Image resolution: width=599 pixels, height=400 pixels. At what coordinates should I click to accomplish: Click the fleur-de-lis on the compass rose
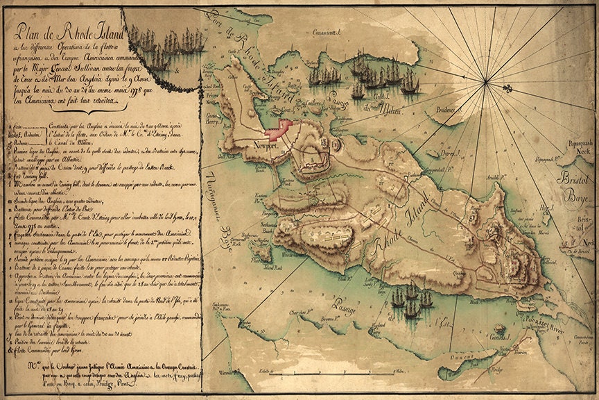(x=508, y=87)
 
